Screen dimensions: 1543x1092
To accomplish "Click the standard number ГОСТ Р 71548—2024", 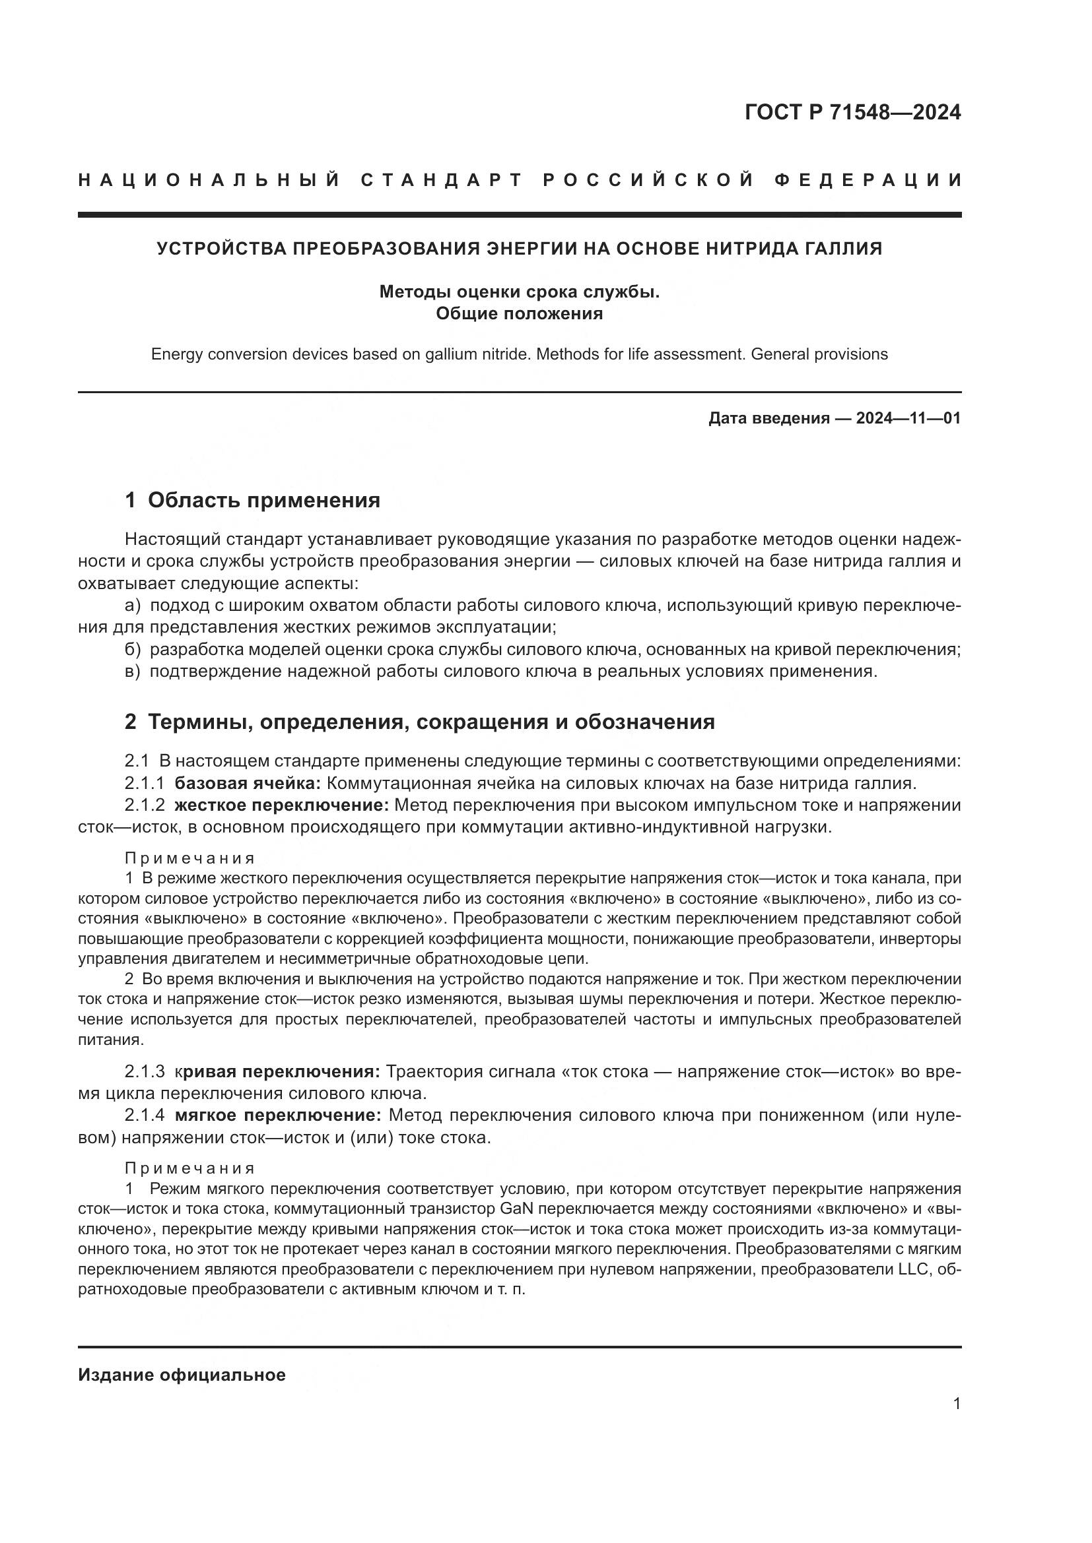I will click(x=852, y=111).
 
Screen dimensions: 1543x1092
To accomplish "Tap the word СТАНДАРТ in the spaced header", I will click(x=441, y=180).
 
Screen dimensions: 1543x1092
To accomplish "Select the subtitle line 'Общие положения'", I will click(x=519, y=313).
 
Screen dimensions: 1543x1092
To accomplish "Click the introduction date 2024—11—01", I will click(x=908, y=418).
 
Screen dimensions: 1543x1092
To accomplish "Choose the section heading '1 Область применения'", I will click(x=252, y=500).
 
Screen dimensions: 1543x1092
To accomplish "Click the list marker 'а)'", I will click(x=133, y=606).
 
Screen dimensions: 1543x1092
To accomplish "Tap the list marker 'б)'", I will click(x=133, y=649).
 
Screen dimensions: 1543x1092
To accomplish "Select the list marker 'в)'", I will click(x=133, y=672).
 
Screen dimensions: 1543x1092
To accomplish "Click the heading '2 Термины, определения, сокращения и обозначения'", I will click(x=420, y=722).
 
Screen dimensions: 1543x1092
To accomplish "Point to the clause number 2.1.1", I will click(x=144, y=783).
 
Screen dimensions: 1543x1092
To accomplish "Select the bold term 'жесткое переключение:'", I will click(x=282, y=805).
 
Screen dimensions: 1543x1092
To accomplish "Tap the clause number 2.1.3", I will click(x=144, y=1071).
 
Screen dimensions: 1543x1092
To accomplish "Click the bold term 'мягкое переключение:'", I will click(x=278, y=1116).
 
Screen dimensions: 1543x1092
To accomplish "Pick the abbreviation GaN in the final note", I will click(x=517, y=1209).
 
